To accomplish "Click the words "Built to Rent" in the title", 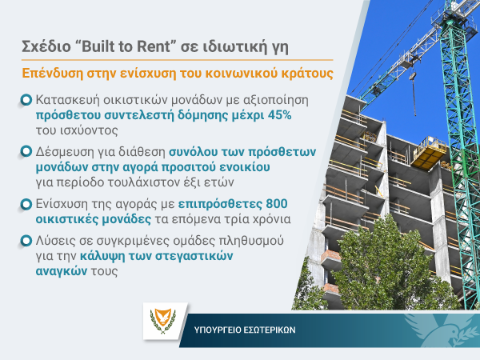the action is [x=126, y=46].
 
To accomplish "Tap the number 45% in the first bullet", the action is [x=279, y=115].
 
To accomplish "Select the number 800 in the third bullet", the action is [x=277, y=203].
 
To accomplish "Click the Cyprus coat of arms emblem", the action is [x=163, y=321].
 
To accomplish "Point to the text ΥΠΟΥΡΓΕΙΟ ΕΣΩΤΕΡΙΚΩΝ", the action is [x=245, y=330].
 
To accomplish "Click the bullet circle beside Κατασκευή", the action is [x=26, y=100].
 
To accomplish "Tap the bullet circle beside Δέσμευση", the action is [x=26, y=151].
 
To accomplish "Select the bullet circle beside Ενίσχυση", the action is [x=26, y=204].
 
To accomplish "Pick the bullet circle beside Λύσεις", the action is [x=26, y=241].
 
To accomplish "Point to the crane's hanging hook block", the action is [x=413, y=75].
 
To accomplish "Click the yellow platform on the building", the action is [x=429, y=151].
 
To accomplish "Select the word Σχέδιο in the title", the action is [x=46, y=47].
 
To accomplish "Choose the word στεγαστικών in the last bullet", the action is [x=194, y=256].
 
